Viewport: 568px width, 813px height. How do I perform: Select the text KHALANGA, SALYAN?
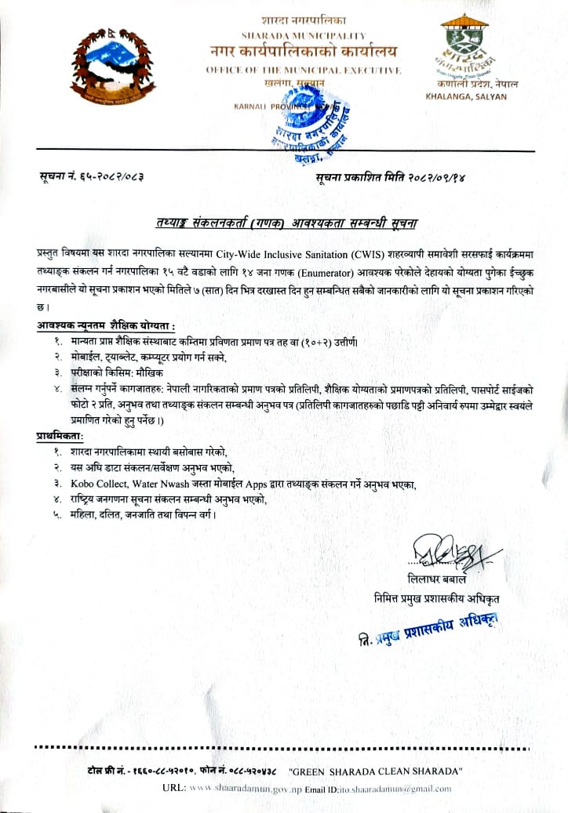(x=466, y=96)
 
